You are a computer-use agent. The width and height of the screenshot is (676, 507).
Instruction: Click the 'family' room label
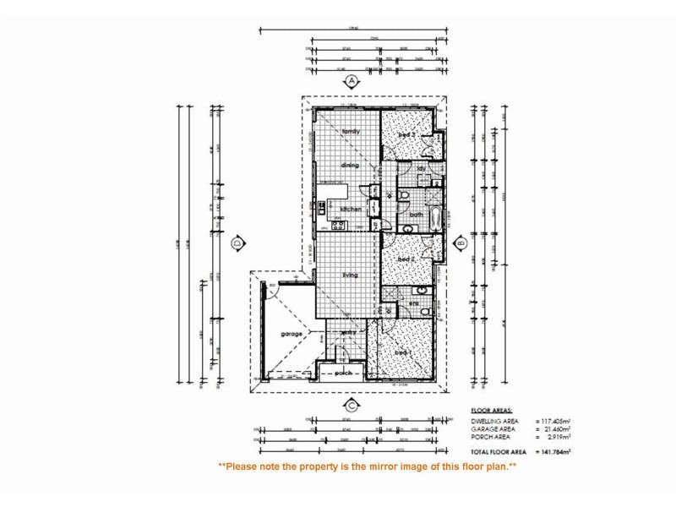pos(351,132)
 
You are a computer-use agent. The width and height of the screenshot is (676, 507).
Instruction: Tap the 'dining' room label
pos(350,166)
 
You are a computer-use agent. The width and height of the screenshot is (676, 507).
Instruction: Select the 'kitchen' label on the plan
pos(351,209)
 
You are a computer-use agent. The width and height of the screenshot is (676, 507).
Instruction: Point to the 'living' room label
pos(351,275)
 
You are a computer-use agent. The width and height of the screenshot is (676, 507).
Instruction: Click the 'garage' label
pos(292,334)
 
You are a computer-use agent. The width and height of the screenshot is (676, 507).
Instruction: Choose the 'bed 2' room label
pos(406,259)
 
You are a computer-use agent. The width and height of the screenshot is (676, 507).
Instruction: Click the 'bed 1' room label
pos(403,352)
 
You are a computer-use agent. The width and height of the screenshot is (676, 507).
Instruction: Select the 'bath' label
pos(416,215)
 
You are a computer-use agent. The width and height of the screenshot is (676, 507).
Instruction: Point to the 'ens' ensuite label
pos(414,303)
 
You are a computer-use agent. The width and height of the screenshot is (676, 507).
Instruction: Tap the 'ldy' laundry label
pos(420,168)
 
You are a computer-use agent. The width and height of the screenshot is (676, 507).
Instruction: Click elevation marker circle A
pos(351,81)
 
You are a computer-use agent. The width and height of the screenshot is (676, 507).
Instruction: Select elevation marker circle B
pos(461,243)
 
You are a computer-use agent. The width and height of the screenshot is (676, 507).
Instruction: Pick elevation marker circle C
pos(351,406)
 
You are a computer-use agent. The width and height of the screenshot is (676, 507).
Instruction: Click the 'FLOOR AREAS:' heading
pos(493,411)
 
